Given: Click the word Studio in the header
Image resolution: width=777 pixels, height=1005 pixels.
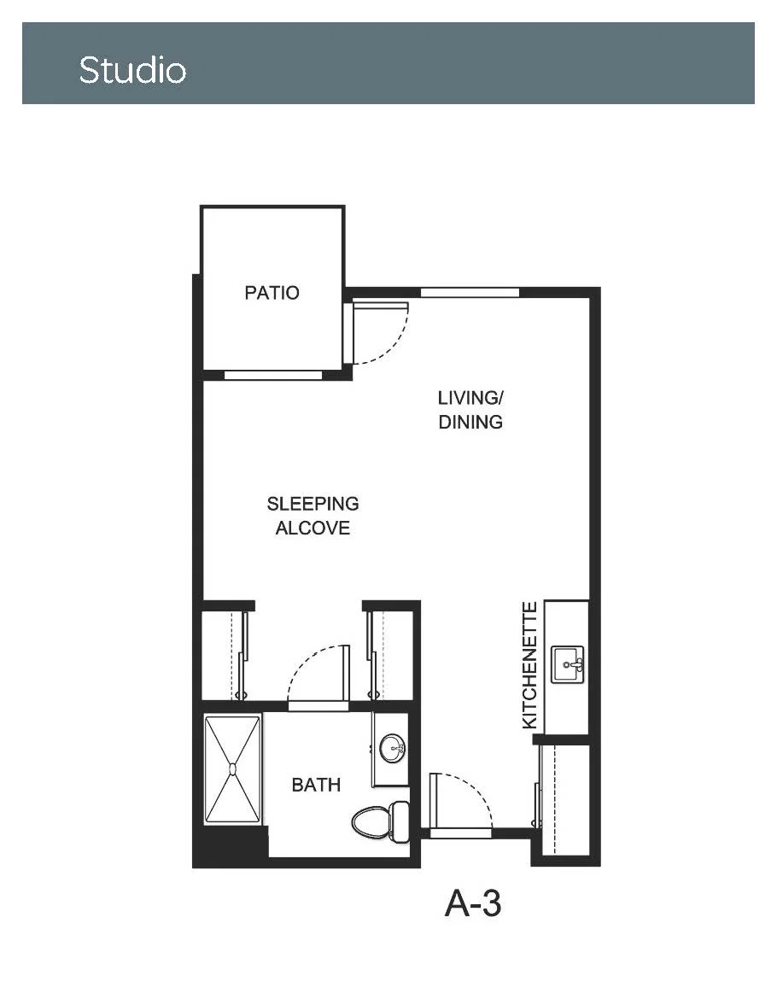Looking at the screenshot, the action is (x=132, y=70).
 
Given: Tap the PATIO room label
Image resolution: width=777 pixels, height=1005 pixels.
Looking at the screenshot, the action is (x=272, y=293).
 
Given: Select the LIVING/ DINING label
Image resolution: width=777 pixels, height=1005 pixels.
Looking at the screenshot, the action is (x=470, y=410).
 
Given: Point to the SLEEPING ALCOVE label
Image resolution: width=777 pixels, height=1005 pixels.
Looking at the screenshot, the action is (x=313, y=516).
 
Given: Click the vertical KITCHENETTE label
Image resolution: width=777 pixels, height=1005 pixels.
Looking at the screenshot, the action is (x=529, y=665).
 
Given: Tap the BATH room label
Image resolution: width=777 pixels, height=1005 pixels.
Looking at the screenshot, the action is (x=316, y=785).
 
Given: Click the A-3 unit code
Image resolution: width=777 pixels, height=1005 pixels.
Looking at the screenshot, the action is (x=473, y=903).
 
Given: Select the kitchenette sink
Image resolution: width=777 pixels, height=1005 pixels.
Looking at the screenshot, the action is (x=568, y=664).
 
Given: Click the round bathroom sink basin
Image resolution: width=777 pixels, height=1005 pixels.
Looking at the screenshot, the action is (x=392, y=748).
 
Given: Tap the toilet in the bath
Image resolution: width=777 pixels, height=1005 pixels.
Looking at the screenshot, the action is (x=381, y=821).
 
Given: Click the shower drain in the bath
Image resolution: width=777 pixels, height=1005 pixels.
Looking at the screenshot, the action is (x=233, y=768).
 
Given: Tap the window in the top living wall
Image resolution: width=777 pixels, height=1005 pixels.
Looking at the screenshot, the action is (x=470, y=293).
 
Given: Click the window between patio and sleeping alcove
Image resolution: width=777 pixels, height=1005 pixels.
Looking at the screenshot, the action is (x=273, y=375).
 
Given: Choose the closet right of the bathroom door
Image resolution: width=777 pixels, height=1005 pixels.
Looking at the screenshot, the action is (x=390, y=656).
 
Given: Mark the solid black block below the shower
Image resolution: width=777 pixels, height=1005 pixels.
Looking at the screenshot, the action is (x=230, y=846).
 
